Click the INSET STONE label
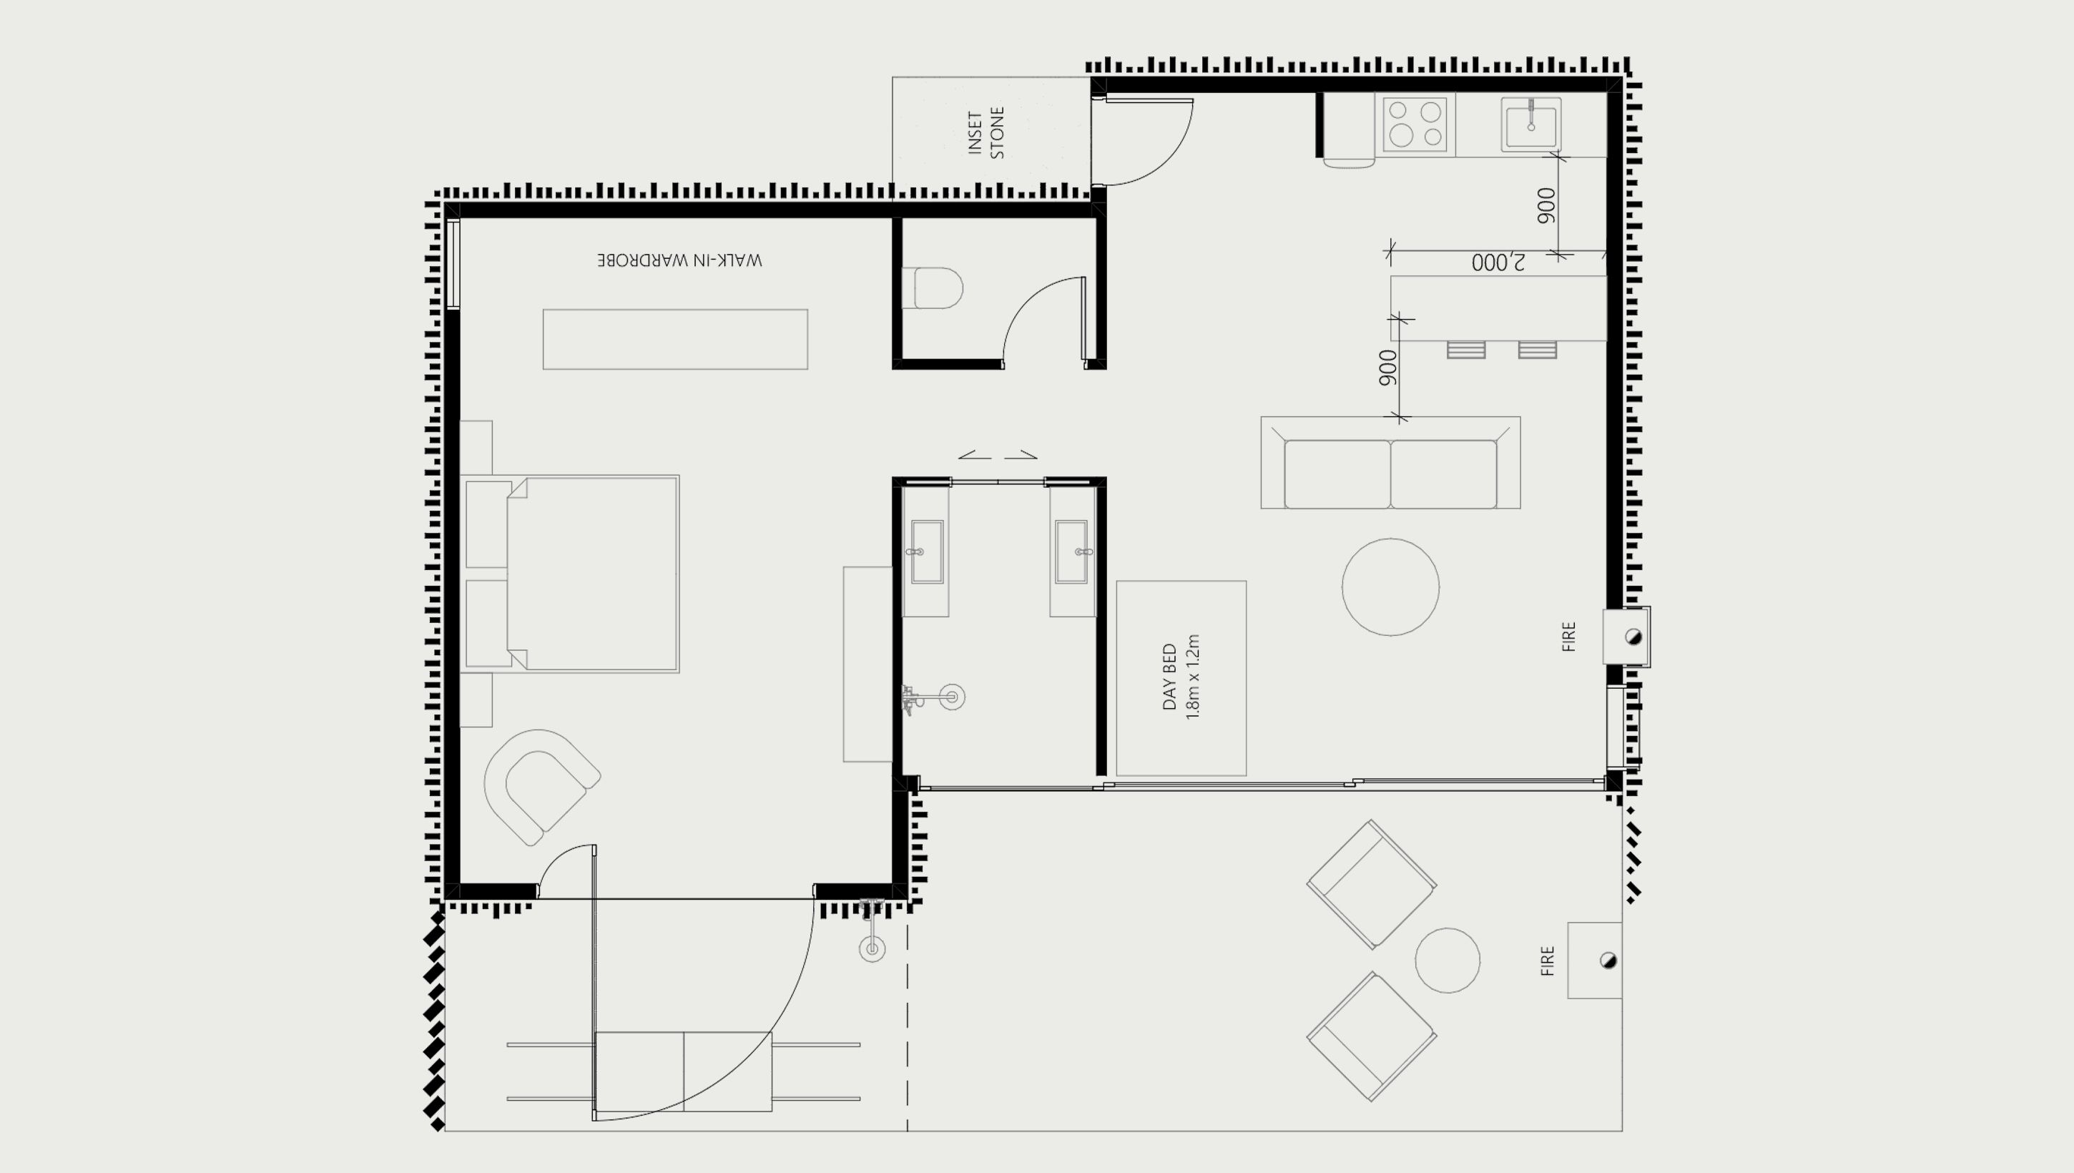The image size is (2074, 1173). click(x=986, y=133)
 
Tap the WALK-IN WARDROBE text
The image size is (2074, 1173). click(x=679, y=260)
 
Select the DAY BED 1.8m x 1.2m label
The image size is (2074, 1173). click(x=1181, y=677)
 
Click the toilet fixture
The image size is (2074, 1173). click(x=933, y=288)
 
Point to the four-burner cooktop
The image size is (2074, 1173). click(x=1415, y=125)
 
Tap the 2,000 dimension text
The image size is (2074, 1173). click(x=1498, y=262)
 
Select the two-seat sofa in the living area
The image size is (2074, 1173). click(x=1390, y=463)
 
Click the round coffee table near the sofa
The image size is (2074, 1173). click(x=1390, y=587)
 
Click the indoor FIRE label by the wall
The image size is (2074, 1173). click(x=1568, y=637)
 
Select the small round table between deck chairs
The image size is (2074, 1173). click(x=1448, y=961)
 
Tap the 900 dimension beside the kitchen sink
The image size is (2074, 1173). click(x=1546, y=205)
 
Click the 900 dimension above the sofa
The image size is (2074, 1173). click(x=1387, y=368)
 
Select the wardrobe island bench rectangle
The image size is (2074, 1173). click(x=675, y=339)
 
